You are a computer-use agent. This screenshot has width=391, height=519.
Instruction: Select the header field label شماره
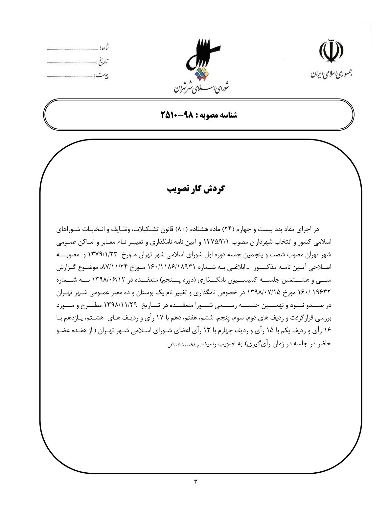tap(104, 48)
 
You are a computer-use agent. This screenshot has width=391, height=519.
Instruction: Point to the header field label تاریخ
tap(103, 61)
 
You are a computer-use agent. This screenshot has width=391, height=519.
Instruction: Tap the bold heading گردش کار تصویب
tap(195, 189)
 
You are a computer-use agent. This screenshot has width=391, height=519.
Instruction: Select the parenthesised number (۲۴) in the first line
tap(227, 229)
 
